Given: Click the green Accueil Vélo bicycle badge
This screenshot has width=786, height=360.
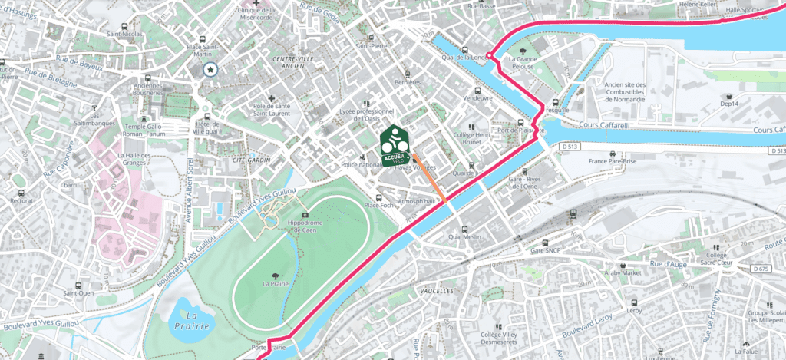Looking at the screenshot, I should pyautogui.click(x=394, y=145).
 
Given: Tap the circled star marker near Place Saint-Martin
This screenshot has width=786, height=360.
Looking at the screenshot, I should pyautogui.click(x=210, y=70).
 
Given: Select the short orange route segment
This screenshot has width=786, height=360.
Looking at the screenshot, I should pyautogui.click(x=430, y=179).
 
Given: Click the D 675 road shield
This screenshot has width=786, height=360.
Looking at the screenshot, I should pyautogui.click(x=761, y=268).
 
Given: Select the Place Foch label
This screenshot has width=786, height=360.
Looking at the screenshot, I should pyautogui.click(x=378, y=205).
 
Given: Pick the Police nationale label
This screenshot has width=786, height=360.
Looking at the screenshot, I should pyautogui.click(x=361, y=165).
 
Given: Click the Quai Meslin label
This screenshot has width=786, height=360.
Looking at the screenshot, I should pyautogui.click(x=467, y=237).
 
